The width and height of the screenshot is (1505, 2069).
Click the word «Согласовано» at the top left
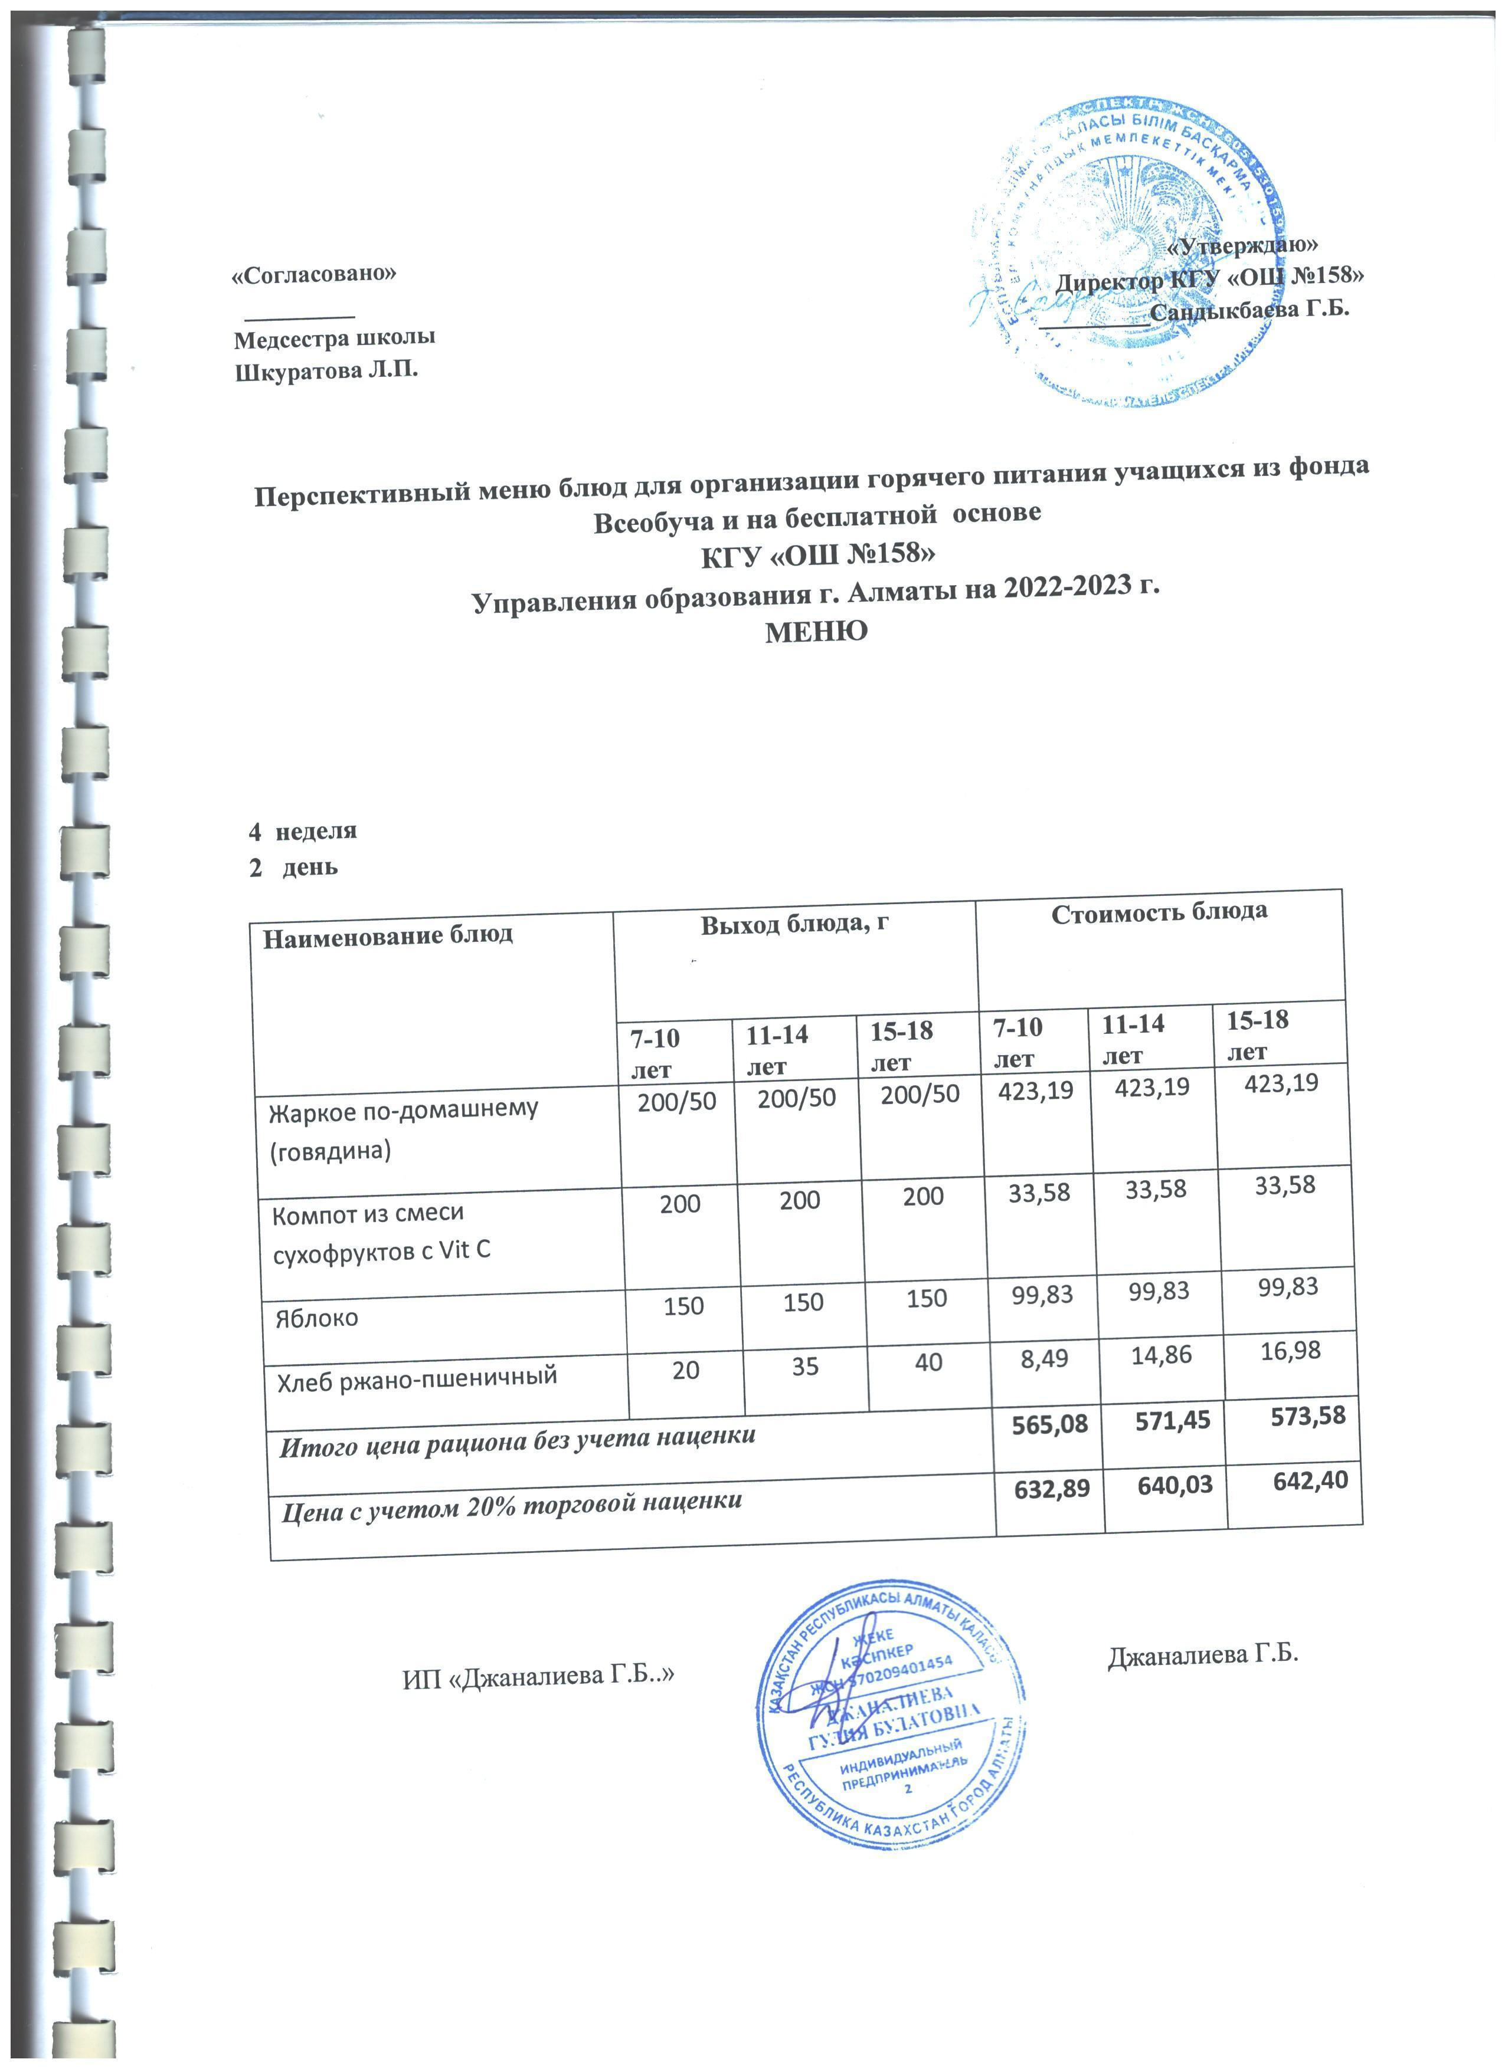(x=315, y=275)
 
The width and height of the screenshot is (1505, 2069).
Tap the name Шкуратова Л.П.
(x=327, y=372)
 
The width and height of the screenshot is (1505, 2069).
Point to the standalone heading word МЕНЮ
(x=815, y=630)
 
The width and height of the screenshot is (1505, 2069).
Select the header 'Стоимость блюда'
(x=1159, y=912)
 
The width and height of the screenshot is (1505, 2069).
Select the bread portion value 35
(x=805, y=1365)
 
